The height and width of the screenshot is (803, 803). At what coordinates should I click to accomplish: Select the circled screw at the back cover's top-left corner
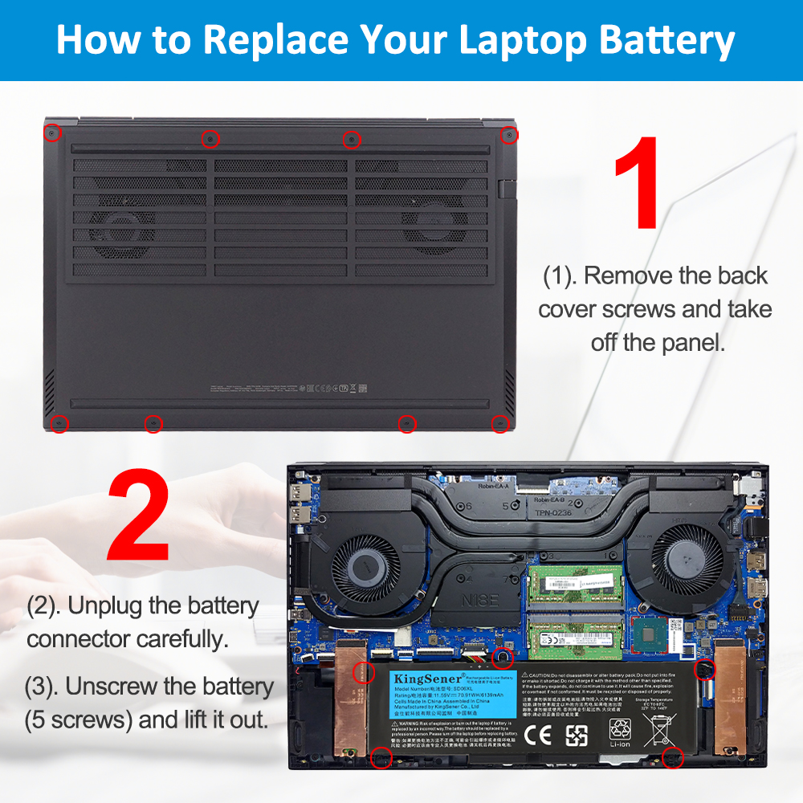pos(51,131)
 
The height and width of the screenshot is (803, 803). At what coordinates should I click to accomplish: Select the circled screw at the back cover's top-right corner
pos(508,134)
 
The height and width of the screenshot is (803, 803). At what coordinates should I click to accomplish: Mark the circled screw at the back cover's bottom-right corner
pos(500,423)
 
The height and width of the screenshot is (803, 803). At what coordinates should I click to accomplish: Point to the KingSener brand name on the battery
pos(415,679)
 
